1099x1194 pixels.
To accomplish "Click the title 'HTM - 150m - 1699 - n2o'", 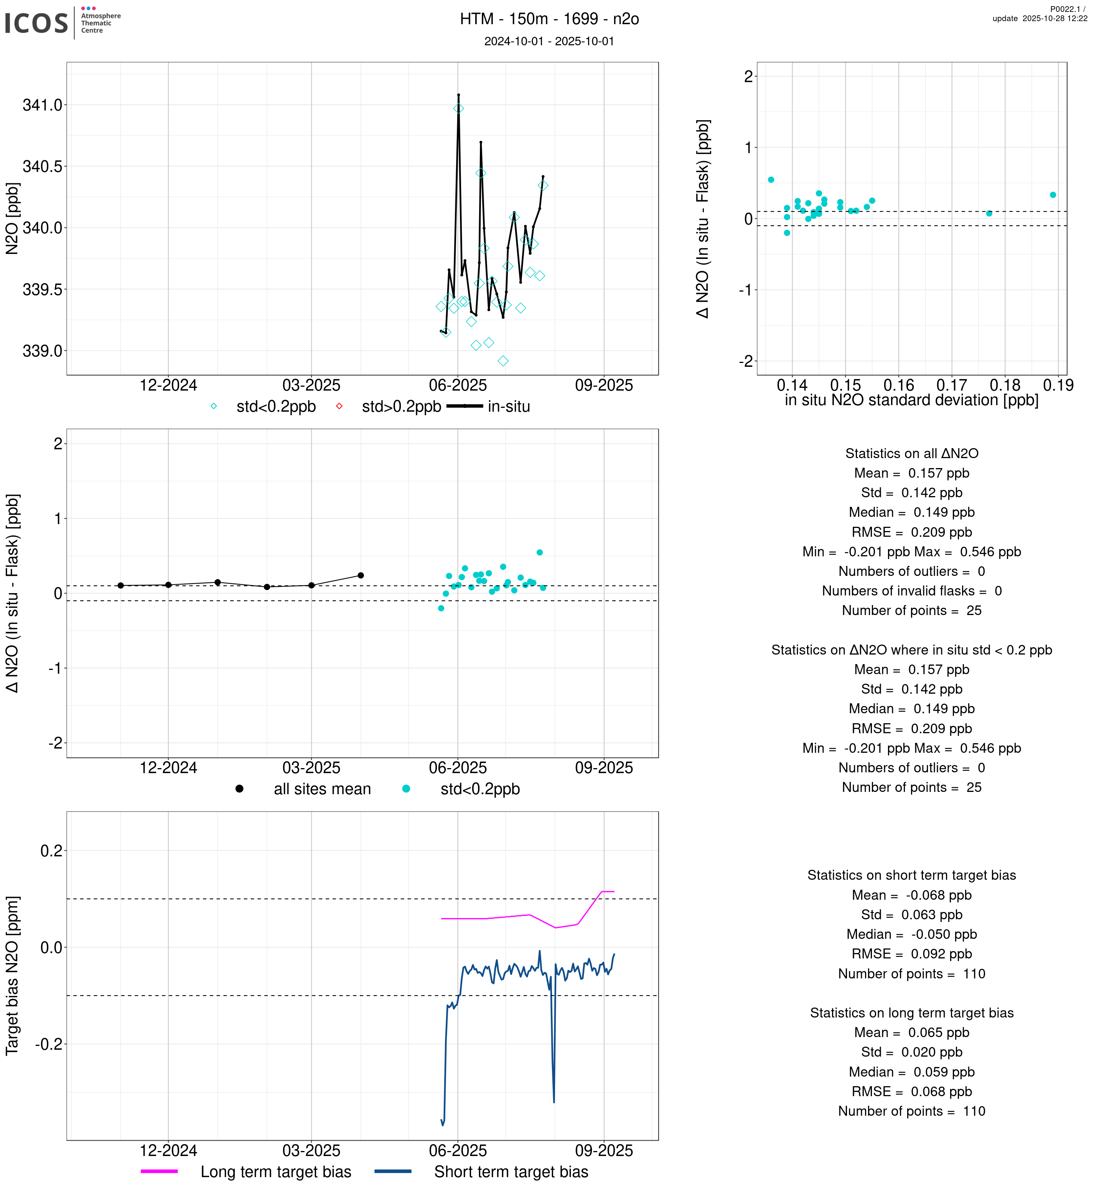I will click(549, 19).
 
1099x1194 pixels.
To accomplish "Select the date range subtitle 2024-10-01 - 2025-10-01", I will click(549, 41).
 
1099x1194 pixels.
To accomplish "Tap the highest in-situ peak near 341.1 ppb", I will click(458, 95).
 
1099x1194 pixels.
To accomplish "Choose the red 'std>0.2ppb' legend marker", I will click(339, 407).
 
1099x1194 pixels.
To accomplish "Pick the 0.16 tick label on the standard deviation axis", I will click(899, 386).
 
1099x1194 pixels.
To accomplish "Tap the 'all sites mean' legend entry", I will click(322, 790).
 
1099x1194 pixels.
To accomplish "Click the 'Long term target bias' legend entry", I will click(275, 1172).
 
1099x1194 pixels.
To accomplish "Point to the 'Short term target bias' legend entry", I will click(511, 1172).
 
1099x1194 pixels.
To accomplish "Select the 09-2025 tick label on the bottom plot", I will click(604, 1151).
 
